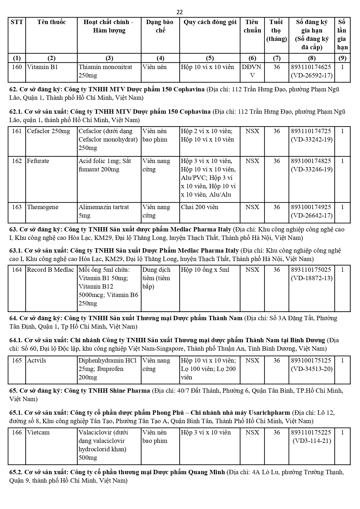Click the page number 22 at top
pos(180,12)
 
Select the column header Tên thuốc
pos(51,22)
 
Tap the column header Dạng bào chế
pos(160,26)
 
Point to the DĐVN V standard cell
pos(252,71)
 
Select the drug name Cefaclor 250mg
pos(48,131)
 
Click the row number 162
pos(17,161)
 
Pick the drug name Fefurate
pos(38,161)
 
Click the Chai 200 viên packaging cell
pos(200,207)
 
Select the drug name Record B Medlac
pos(50,270)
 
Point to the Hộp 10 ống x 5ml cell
pos(205,270)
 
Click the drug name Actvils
pos(37,361)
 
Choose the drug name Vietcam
pos(38,432)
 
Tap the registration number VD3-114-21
pos(312,441)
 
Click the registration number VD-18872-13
pos(312,278)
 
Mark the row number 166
pos(17,432)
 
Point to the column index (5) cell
pos(210,58)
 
